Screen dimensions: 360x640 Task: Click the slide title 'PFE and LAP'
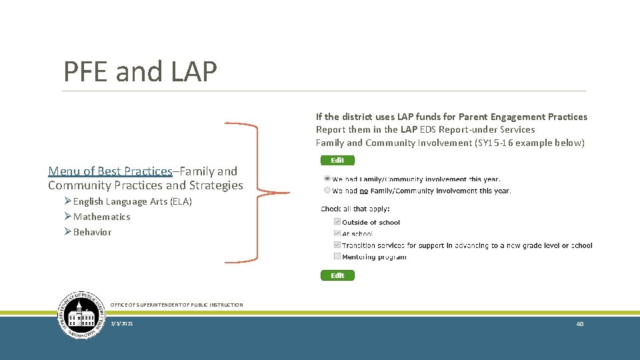pyautogui.click(x=140, y=71)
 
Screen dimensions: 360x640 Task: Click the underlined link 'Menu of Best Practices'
pyautogui.click(x=110, y=171)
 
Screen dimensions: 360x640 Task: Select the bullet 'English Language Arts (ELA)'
pyautogui.click(x=132, y=201)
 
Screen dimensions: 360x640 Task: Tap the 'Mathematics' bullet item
pyautogui.click(x=101, y=217)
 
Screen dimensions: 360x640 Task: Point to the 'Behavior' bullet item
pyautogui.click(x=92, y=232)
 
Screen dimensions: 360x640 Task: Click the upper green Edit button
pyautogui.click(x=337, y=160)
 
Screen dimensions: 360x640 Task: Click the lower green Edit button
pyautogui.click(x=337, y=275)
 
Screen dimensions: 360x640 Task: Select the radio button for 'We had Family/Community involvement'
pyautogui.click(x=327, y=179)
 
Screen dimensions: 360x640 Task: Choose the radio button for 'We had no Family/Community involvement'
pyautogui.click(x=327, y=190)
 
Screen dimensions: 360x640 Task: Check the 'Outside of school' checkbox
pyautogui.click(x=337, y=222)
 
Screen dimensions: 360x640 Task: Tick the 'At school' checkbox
pyautogui.click(x=337, y=233)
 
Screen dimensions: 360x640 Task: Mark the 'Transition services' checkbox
pyautogui.click(x=337, y=245)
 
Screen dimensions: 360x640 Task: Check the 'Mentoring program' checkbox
pyautogui.click(x=337, y=257)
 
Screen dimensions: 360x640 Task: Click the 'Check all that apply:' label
pyautogui.click(x=355, y=209)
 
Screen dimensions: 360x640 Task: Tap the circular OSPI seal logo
pyautogui.click(x=83, y=315)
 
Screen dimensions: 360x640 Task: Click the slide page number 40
pyautogui.click(x=579, y=323)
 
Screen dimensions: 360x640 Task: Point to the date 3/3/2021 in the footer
pyautogui.click(x=122, y=323)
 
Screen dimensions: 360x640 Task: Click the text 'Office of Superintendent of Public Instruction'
pyautogui.click(x=177, y=305)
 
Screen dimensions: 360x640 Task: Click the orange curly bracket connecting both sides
pyautogui.click(x=257, y=193)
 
